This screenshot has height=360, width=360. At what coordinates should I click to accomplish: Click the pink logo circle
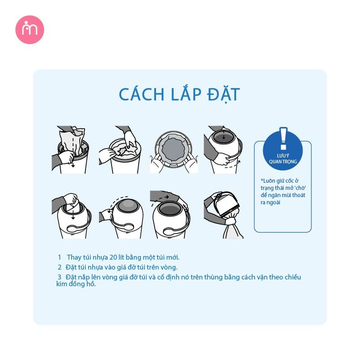pos(30,30)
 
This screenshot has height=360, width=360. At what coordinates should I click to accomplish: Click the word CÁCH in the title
pos(142,94)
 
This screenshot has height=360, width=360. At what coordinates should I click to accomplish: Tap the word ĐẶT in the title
pos(223,94)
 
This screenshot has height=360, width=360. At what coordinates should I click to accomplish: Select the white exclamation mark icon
pos(283,139)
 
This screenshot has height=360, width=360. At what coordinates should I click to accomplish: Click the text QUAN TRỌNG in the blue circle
pos(283,162)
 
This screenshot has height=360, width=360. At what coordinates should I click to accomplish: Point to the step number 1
pos(59,257)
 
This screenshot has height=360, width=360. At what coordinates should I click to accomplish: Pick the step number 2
pos(59,267)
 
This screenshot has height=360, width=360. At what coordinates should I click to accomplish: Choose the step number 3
pos(59,277)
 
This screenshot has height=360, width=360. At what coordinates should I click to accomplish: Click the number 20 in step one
pos(113,257)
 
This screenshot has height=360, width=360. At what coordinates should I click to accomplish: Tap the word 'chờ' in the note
pos(300,188)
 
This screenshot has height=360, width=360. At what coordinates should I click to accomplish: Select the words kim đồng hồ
pos(76,284)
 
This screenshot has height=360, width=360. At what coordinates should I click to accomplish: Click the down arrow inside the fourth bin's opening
pos(224,135)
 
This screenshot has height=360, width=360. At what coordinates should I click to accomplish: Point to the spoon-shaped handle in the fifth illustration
pos(75,229)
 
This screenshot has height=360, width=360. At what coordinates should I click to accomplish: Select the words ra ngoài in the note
pos(270,202)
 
